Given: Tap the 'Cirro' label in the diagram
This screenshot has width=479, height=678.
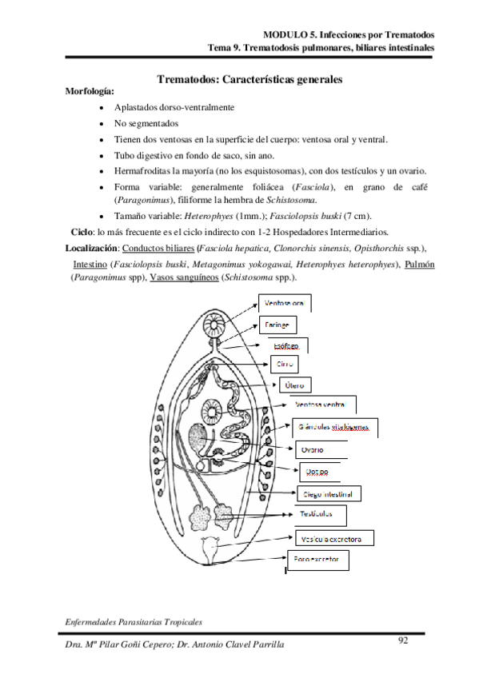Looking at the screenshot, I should tap(283, 365).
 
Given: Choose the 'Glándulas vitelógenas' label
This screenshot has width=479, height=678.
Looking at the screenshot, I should tap(333, 427).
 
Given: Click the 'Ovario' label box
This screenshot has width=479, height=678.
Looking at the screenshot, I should tap(315, 449).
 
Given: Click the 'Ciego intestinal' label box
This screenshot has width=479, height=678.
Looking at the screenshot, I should tap(329, 493).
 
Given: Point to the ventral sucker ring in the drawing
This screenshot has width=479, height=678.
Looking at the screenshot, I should tap(214, 408).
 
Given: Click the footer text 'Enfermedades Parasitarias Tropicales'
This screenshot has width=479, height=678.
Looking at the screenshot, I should tap(134, 620).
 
